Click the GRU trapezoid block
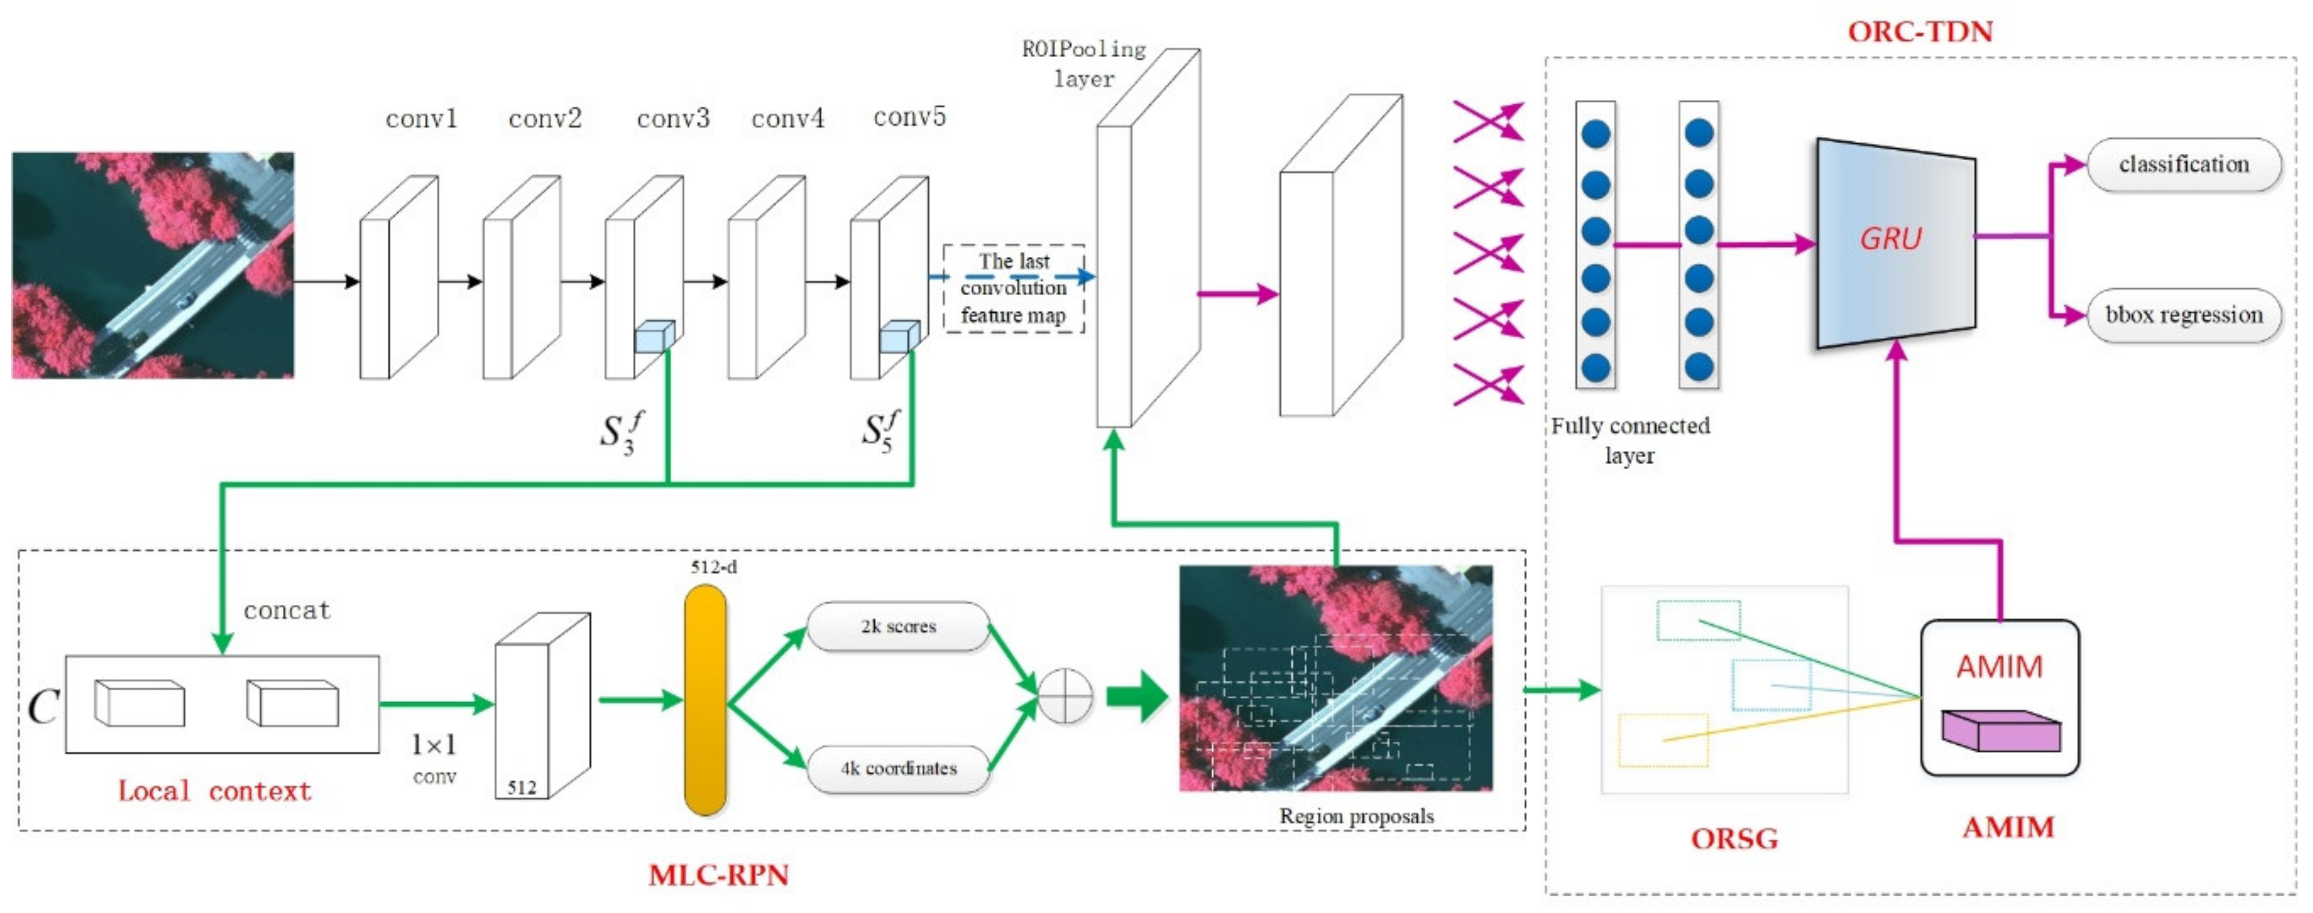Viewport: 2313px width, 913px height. point(1895,241)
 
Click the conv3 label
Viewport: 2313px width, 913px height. point(673,118)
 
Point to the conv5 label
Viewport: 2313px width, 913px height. point(909,117)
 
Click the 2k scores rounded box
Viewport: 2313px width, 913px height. point(898,626)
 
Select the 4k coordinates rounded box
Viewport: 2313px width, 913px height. point(898,768)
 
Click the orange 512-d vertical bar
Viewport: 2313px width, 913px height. point(705,700)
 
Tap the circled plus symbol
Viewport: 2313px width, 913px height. point(1065,696)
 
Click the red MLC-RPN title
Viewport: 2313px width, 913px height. point(718,875)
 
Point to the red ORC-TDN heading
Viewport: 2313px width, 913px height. point(1920,32)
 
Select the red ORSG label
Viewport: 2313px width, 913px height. point(1734,839)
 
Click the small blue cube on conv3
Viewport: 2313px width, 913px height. point(654,337)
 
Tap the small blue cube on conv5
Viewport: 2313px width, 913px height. point(899,337)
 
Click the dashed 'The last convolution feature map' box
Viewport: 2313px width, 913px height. point(1013,288)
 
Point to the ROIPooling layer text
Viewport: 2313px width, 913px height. point(1084,63)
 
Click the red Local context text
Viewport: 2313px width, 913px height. point(215,791)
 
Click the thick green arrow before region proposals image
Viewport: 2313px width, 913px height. point(1136,696)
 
